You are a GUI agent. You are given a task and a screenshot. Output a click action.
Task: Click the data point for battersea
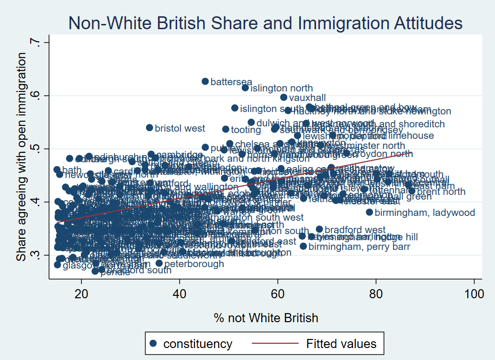pyautogui.click(x=205, y=81)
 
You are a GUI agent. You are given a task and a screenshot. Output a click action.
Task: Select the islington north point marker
pyautogui.click(x=245, y=88)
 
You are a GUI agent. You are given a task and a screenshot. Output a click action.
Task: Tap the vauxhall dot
pyautogui.click(x=283, y=97)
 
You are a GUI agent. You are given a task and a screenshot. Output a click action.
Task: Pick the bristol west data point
pyautogui.click(x=149, y=128)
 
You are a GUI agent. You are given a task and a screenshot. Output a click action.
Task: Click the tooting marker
pyautogui.click(x=225, y=129)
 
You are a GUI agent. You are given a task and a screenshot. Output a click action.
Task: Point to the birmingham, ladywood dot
pyautogui.click(x=369, y=212)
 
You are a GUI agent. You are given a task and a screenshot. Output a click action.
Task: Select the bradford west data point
pyautogui.click(x=319, y=229)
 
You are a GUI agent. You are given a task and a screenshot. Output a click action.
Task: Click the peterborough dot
pyautogui.click(x=159, y=263)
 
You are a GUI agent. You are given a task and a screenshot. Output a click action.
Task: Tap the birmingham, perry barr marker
pyautogui.click(x=303, y=246)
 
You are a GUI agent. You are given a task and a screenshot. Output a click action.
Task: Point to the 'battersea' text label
pyautogui.click(x=231, y=82)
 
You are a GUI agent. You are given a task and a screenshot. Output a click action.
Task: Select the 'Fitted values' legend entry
pyautogui.click(x=341, y=343)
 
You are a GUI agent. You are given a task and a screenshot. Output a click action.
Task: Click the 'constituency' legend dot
pyautogui.click(x=153, y=343)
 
